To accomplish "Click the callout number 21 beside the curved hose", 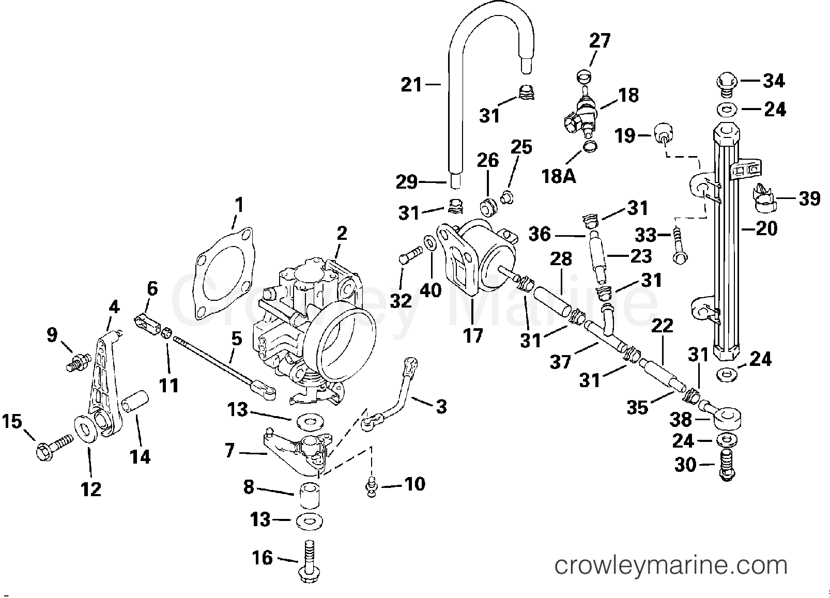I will coord(411,85).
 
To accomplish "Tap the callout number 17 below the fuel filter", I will coord(473,335).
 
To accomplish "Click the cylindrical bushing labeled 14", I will coord(136,403).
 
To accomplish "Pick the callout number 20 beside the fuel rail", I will coord(766,228).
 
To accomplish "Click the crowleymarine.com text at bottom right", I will coord(670,565).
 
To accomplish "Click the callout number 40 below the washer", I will coord(431,290).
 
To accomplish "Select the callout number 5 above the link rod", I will coord(236,340).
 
